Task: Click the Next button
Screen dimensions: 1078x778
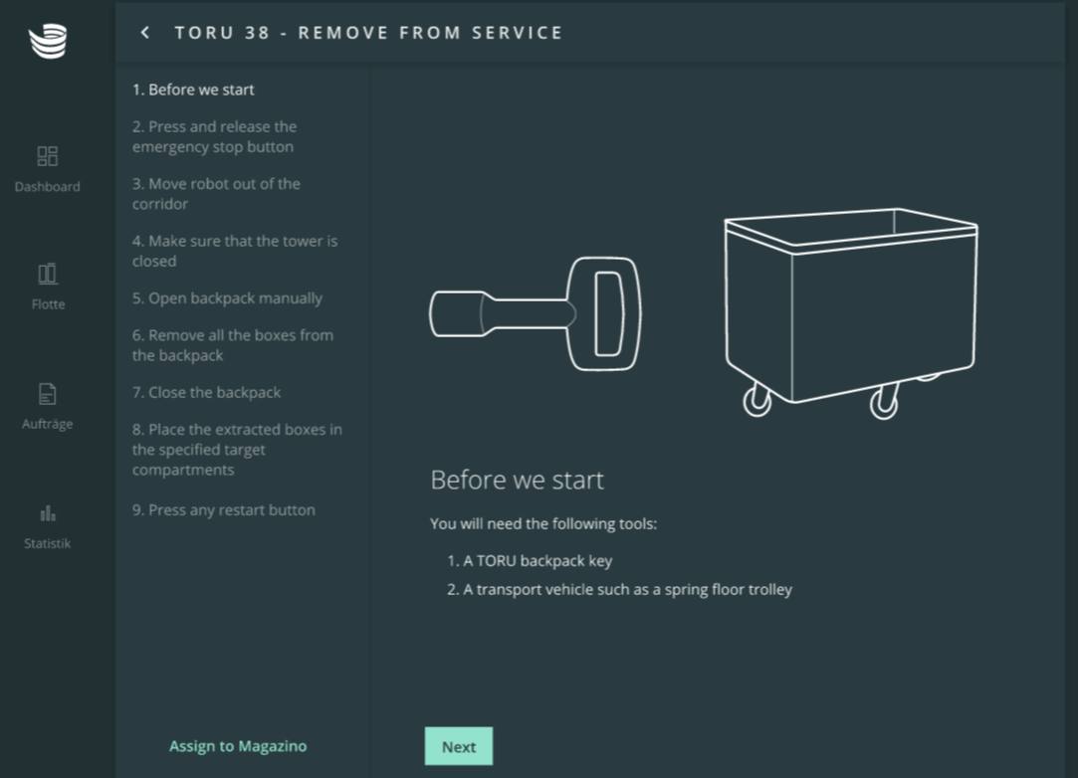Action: (x=459, y=746)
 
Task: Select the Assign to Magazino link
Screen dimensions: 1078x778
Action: (x=238, y=746)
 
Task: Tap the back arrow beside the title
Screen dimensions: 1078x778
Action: (x=145, y=32)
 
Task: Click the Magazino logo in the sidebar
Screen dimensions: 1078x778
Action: (x=48, y=41)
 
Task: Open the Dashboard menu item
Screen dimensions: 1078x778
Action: (x=48, y=169)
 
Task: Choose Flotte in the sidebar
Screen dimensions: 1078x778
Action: (x=48, y=287)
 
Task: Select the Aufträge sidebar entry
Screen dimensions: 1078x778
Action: (x=48, y=406)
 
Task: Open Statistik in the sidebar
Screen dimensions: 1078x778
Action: (x=48, y=526)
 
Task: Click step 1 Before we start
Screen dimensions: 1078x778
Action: (x=193, y=90)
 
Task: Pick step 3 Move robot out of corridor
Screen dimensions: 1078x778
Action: (x=216, y=194)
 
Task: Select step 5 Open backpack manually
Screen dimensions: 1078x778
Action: (x=227, y=298)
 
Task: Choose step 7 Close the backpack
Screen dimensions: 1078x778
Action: (x=206, y=392)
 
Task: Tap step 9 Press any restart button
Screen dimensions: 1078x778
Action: (x=223, y=510)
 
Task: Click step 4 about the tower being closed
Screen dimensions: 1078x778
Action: (x=235, y=251)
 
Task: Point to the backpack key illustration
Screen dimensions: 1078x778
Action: (x=536, y=313)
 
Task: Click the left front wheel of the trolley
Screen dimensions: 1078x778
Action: (x=756, y=402)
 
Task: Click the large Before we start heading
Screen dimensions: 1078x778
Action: (x=517, y=480)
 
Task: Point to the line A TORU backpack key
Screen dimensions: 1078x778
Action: (x=530, y=561)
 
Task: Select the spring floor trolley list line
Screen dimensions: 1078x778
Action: (x=619, y=590)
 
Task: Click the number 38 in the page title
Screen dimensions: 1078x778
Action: (x=257, y=33)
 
